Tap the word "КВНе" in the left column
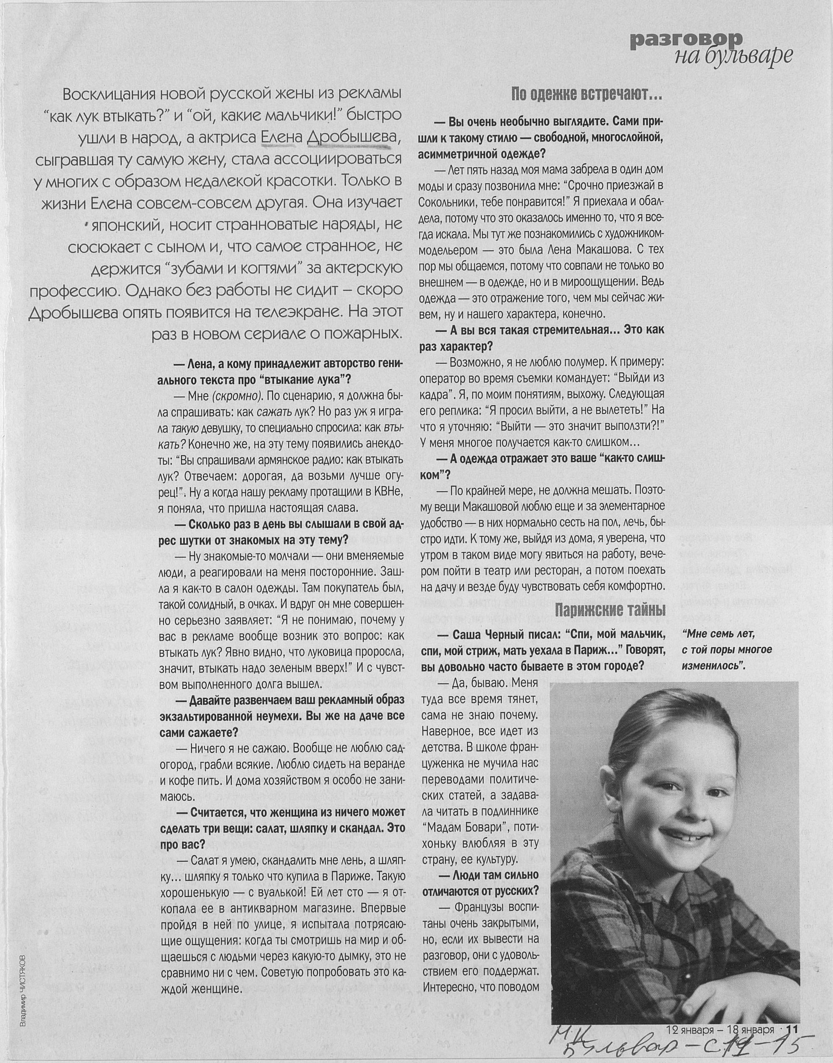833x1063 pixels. pyautogui.click(x=385, y=492)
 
